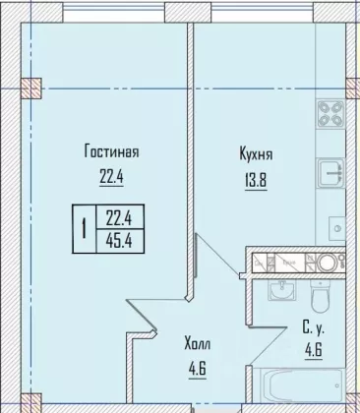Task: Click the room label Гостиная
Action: click(x=111, y=152)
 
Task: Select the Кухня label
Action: click(x=256, y=154)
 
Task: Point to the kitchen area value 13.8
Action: click(x=256, y=181)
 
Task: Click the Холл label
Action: click(x=198, y=344)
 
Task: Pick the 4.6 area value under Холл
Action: click(x=198, y=371)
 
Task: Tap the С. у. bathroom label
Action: click(x=314, y=328)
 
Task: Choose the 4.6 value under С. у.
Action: click(x=314, y=351)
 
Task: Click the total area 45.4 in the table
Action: click(x=119, y=241)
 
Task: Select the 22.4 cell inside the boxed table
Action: click(x=119, y=217)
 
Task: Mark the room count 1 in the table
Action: click(x=85, y=229)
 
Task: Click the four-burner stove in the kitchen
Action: click(x=330, y=114)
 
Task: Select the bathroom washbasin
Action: click(x=280, y=290)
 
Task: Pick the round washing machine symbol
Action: click(x=328, y=263)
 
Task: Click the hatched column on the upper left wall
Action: click(x=31, y=88)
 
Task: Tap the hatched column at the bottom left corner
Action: click(x=31, y=402)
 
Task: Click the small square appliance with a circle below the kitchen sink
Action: click(x=336, y=228)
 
